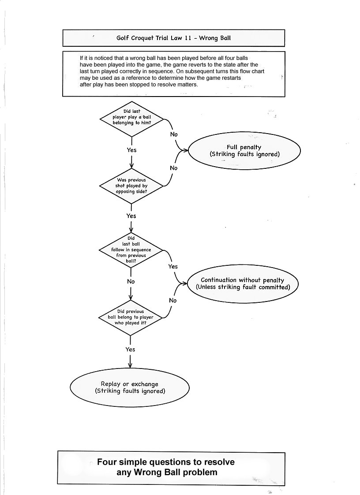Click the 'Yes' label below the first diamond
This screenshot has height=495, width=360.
tap(131, 150)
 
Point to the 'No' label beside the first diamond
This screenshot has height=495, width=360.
tap(174, 134)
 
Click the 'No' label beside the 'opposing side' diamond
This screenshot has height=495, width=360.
tap(173, 168)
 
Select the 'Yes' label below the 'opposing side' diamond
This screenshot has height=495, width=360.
tap(131, 216)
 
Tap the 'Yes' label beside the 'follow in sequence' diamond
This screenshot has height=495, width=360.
tap(173, 266)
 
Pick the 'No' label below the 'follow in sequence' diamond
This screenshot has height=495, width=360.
tap(131, 281)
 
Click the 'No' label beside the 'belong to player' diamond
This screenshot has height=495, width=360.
tap(172, 300)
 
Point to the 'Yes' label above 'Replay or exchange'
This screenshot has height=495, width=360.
tap(130, 350)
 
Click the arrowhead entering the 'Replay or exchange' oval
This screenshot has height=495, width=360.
tap(130, 365)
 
